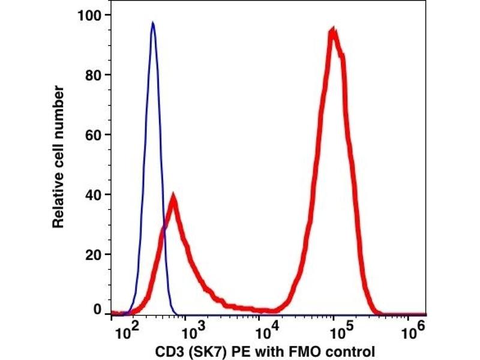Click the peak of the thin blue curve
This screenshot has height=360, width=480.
153,24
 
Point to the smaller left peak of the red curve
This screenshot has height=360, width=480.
173,196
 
